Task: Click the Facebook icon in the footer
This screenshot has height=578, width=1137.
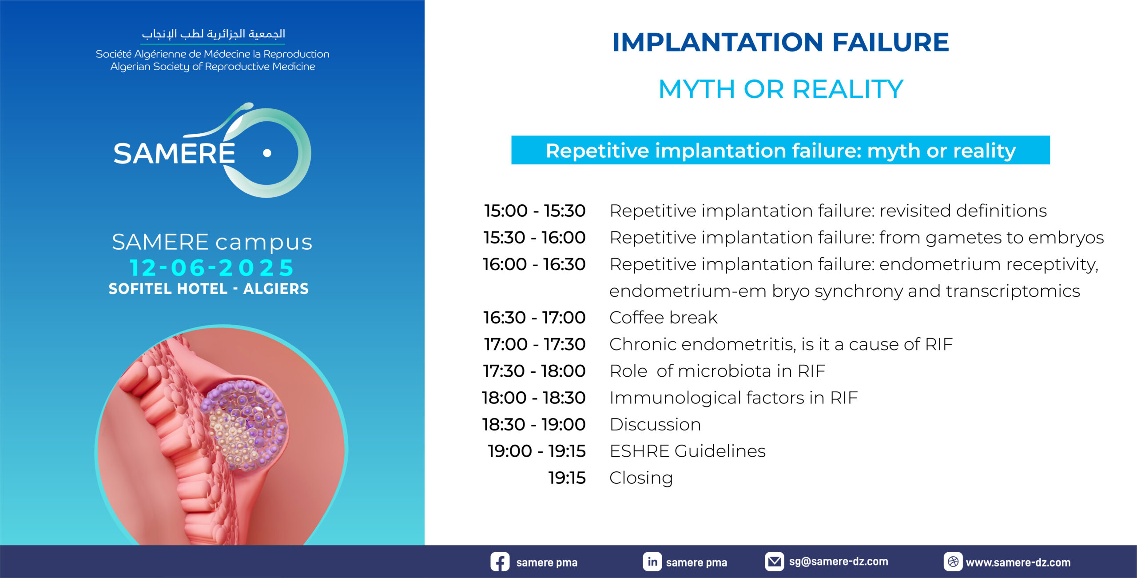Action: coord(500,562)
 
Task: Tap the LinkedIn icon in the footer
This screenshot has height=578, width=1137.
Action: coord(652,562)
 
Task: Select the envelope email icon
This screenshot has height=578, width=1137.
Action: coord(774,562)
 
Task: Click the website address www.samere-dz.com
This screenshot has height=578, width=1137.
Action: coord(1018,562)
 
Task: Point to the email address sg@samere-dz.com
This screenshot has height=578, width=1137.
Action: coord(839,562)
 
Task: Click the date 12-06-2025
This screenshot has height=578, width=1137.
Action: coord(212,267)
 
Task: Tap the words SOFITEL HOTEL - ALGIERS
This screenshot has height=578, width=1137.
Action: coord(209,289)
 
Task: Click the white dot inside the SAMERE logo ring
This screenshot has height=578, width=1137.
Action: coord(267,153)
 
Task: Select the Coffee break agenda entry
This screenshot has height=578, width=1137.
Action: coord(663,318)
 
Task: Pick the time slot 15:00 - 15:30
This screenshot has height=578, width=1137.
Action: coord(535,211)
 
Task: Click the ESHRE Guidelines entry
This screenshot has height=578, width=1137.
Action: coord(688,451)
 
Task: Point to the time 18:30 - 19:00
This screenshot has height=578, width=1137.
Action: coord(534,424)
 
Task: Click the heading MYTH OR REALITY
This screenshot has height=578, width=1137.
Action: coord(781,89)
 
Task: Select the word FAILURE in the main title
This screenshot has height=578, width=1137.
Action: coord(891,42)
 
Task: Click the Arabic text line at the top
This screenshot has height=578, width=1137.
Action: coord(213,34)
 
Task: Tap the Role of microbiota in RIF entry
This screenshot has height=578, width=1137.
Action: coord(717,371)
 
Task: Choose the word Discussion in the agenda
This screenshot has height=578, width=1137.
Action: coord(655,424)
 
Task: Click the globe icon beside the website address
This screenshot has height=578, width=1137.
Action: coord(953,562)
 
